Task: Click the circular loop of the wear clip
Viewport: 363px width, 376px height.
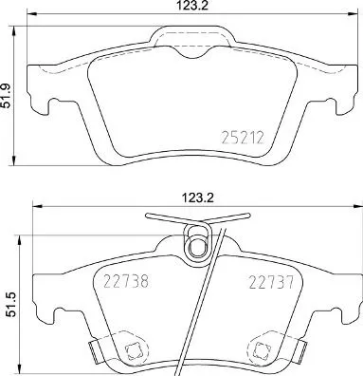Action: pyautogui.click(x=197, y=248)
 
